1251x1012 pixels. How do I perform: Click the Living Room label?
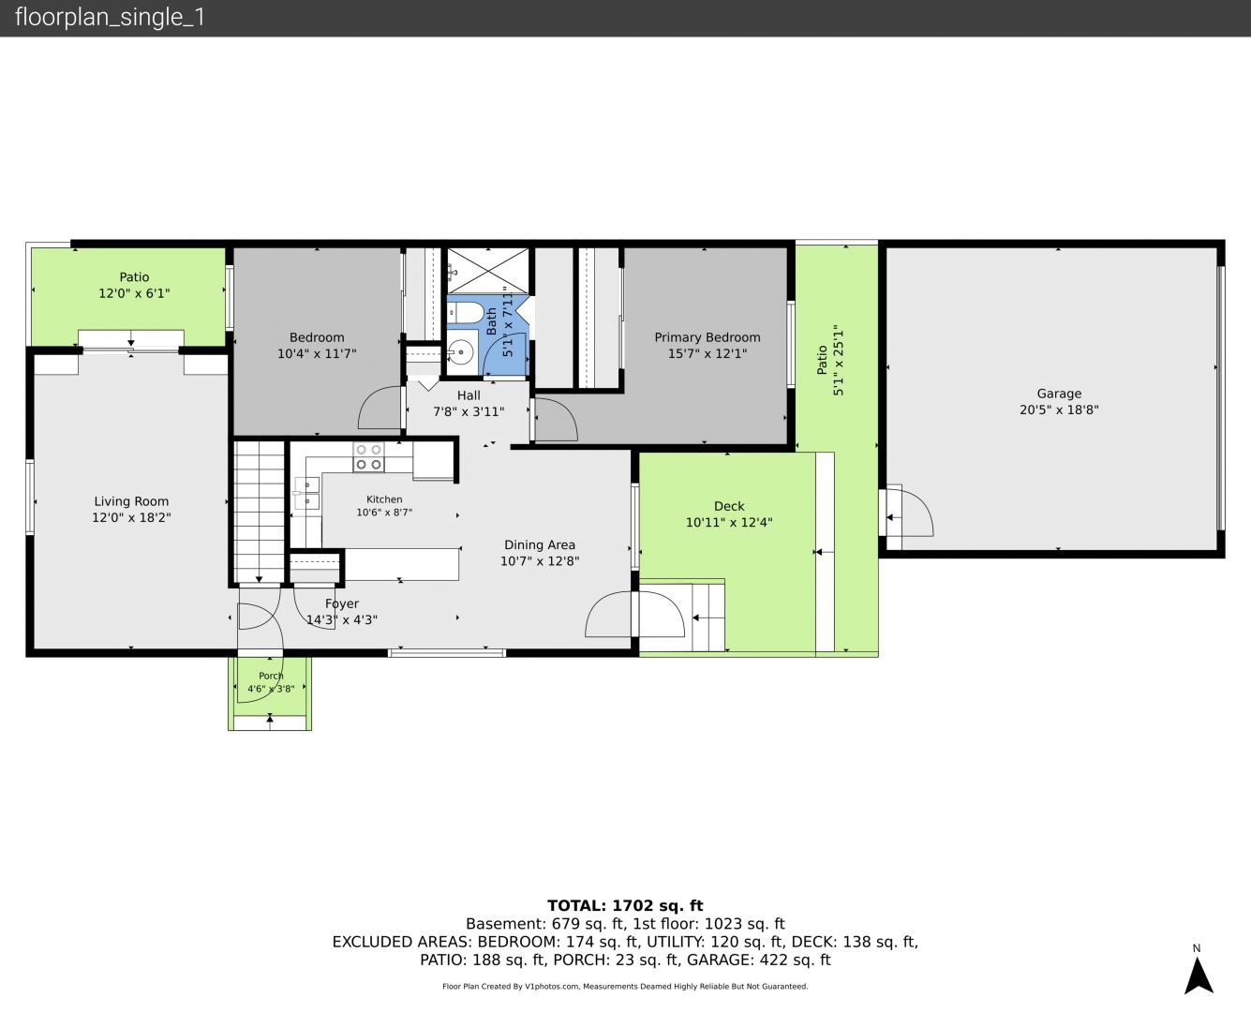coord(131,501)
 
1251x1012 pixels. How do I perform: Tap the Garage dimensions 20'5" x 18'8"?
coord(1059,409)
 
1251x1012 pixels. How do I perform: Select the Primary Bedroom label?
coord(707,337)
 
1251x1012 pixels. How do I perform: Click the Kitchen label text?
coord(384,499)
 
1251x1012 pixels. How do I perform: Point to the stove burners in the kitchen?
coord(369,457)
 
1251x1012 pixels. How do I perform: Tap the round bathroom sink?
coord(462,352)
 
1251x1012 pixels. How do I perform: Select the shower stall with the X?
coord(488,272)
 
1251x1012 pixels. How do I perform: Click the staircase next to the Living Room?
coord(260,513)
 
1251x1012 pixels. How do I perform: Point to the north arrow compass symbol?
coord(1198,975)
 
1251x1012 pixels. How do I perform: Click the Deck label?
coord(729,506)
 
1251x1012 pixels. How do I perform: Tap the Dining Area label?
coord(540,544)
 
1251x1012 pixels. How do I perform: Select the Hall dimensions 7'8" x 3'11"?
coord(469,411)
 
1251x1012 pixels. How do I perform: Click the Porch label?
coord(271,676)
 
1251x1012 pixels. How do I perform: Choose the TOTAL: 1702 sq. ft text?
coord(625,906)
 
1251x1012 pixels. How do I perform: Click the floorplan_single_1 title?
coord(110,18)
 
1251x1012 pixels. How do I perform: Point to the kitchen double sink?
coord(306,493)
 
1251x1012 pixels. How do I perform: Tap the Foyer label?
coord(342,603)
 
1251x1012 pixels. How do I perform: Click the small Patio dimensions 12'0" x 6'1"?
coord(134,293)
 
